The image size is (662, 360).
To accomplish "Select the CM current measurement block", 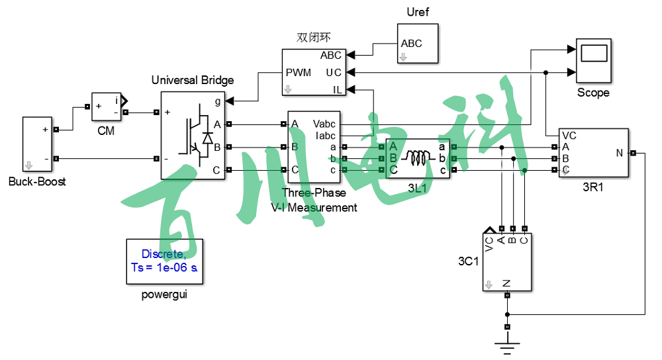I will click(106, 107).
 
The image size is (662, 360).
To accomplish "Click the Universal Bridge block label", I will click(193, 80).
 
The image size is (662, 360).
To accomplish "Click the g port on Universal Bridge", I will click(218, 101).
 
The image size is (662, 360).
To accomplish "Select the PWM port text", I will click(299, 72).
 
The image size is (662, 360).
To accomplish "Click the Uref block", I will click(417, 44).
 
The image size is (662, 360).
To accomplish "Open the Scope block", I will click(593, 60).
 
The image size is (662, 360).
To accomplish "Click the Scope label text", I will click(593, 93).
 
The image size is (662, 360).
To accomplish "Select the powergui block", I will click(164, 261).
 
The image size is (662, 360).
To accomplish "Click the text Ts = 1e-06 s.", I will click(164, 267).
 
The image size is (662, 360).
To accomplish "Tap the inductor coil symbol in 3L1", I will click(418, 158).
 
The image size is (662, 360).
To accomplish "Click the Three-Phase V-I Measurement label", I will click(314, 200).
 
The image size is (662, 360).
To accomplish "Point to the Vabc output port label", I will click(324, 124).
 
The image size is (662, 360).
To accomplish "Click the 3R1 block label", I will click(593, 187).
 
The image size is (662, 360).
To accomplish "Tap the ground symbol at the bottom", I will click(508, 344).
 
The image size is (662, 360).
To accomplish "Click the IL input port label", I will click(337, 89).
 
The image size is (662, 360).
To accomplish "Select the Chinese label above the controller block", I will click(313, 38).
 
